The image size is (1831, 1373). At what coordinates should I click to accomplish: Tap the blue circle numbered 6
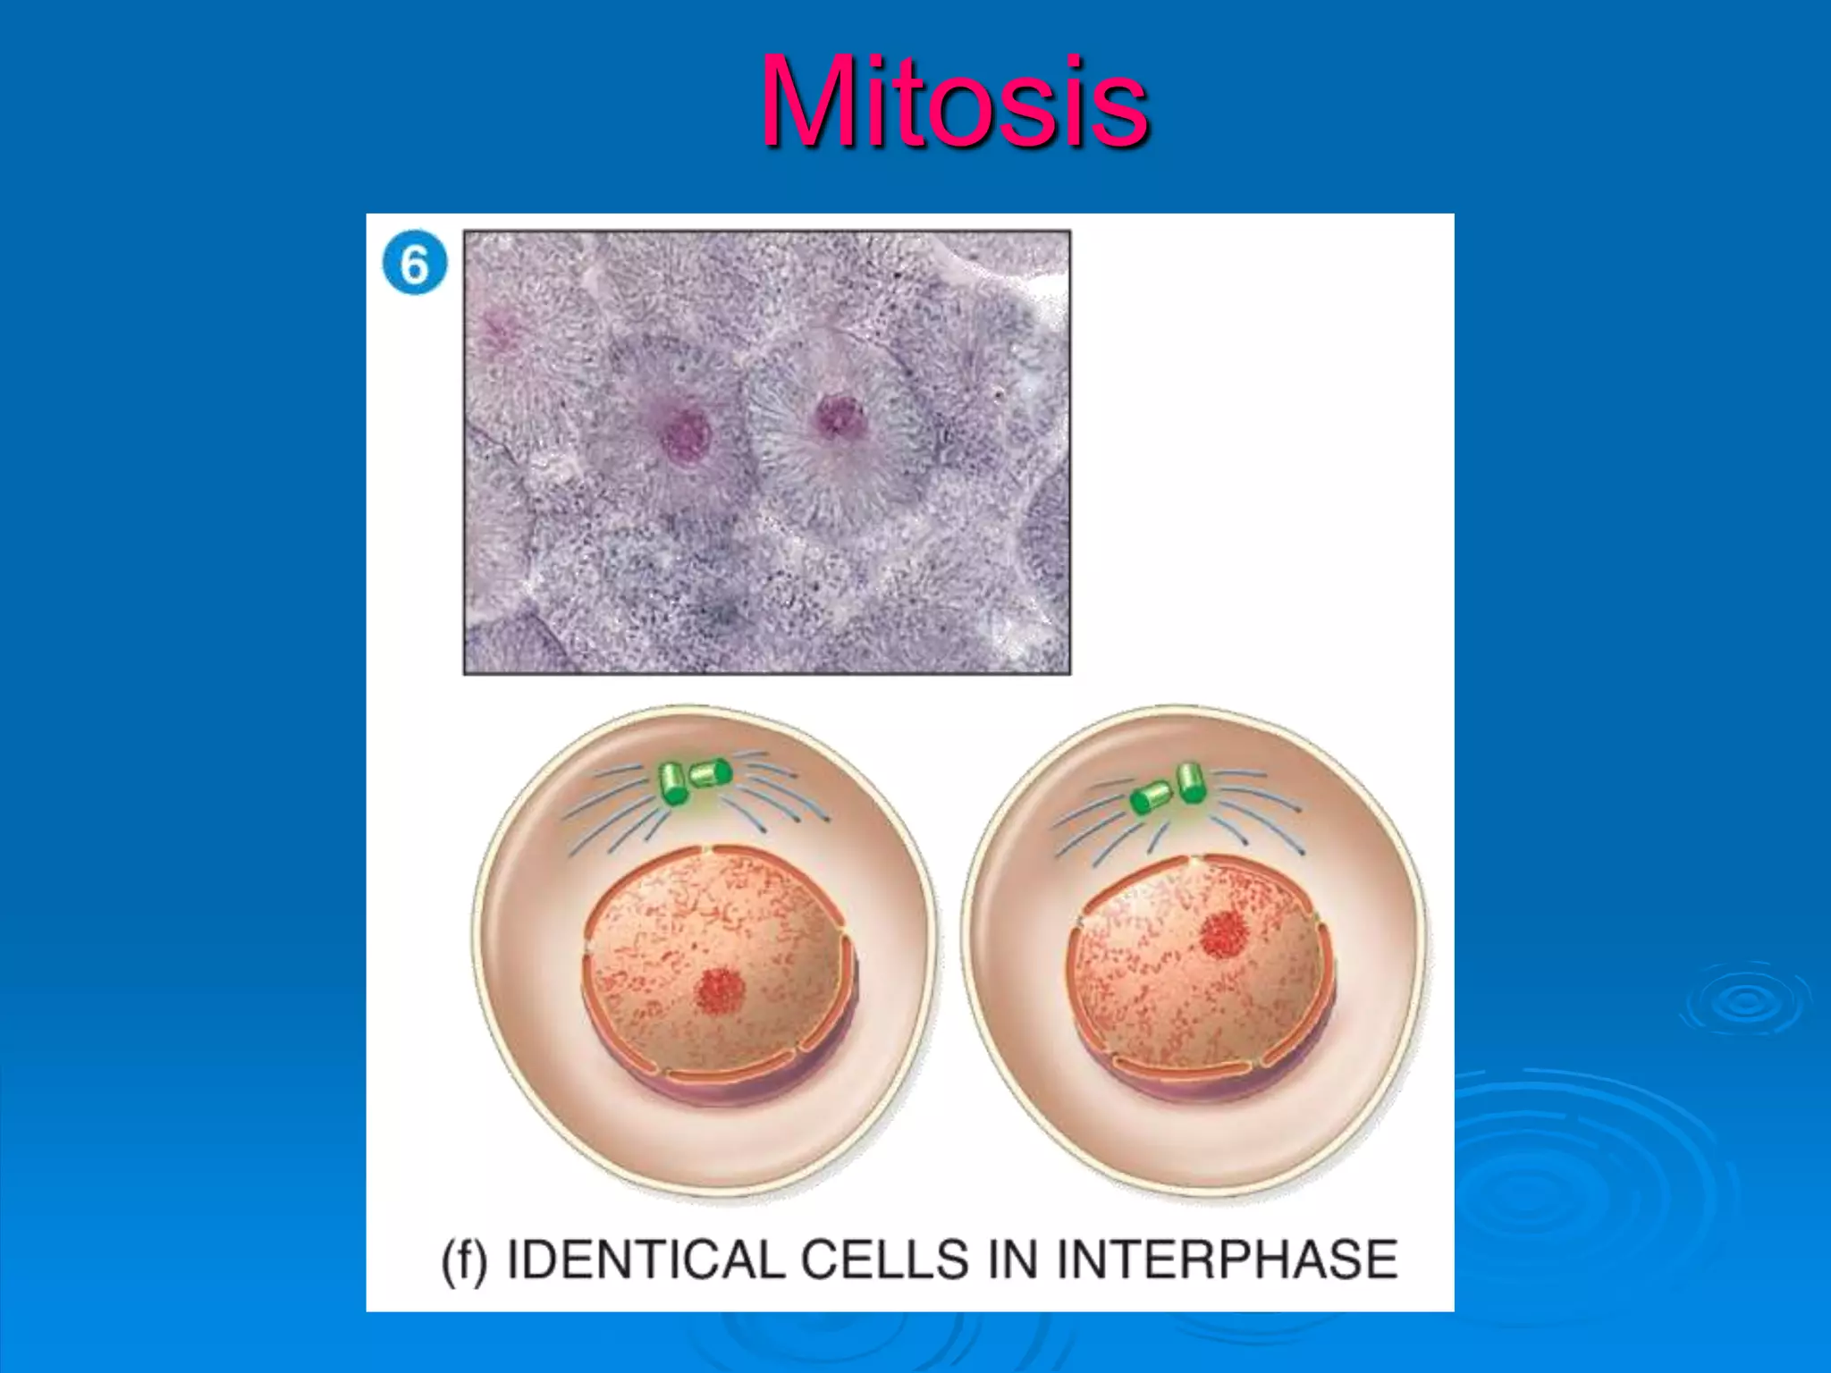point(414,264)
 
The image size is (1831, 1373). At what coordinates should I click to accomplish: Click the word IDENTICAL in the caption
point(645,1259)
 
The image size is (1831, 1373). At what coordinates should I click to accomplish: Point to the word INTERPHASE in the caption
point(1227,1259)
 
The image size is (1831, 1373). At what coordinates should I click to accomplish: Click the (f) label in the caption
point(465,1260)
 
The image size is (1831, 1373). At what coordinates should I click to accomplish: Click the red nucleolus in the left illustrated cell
point(721,991)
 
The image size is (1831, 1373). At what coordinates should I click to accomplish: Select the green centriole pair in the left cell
point(694,780)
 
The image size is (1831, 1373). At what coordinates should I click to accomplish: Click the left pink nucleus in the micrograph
point(686,434)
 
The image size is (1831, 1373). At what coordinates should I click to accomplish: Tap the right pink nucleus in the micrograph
point(840,417)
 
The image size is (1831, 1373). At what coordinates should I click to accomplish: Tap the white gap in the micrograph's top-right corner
point(1053,284)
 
